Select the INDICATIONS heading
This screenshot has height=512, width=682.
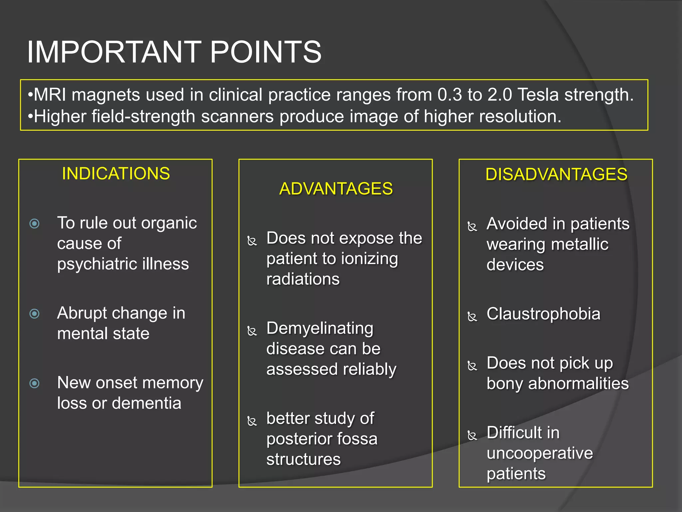click(x=116, y=174)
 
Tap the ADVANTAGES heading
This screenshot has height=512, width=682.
click(x=336, y=189)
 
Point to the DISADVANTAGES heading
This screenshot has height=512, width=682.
click(x=556, y=174)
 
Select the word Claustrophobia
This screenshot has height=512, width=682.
click(x=543, y=314)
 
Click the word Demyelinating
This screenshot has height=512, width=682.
click(x=320, y=328)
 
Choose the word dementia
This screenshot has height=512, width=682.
click(x=147, y=403)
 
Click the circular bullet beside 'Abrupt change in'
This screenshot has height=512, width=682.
click(x=35, y=314)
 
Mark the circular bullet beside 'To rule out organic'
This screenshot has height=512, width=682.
click(x=35, y=223)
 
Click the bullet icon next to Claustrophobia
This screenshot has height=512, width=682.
click(x=472, y=316)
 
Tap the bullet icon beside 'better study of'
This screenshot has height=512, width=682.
click(x=252, y=421)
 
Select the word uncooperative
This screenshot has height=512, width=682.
click(x=539, y=453)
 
